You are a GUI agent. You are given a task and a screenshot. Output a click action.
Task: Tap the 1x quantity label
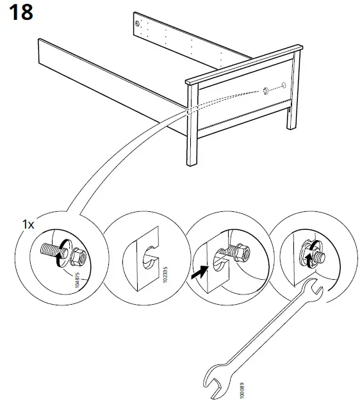28,225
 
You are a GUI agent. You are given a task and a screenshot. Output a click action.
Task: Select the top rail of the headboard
243,63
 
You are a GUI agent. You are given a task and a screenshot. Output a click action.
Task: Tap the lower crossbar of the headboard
243,119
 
